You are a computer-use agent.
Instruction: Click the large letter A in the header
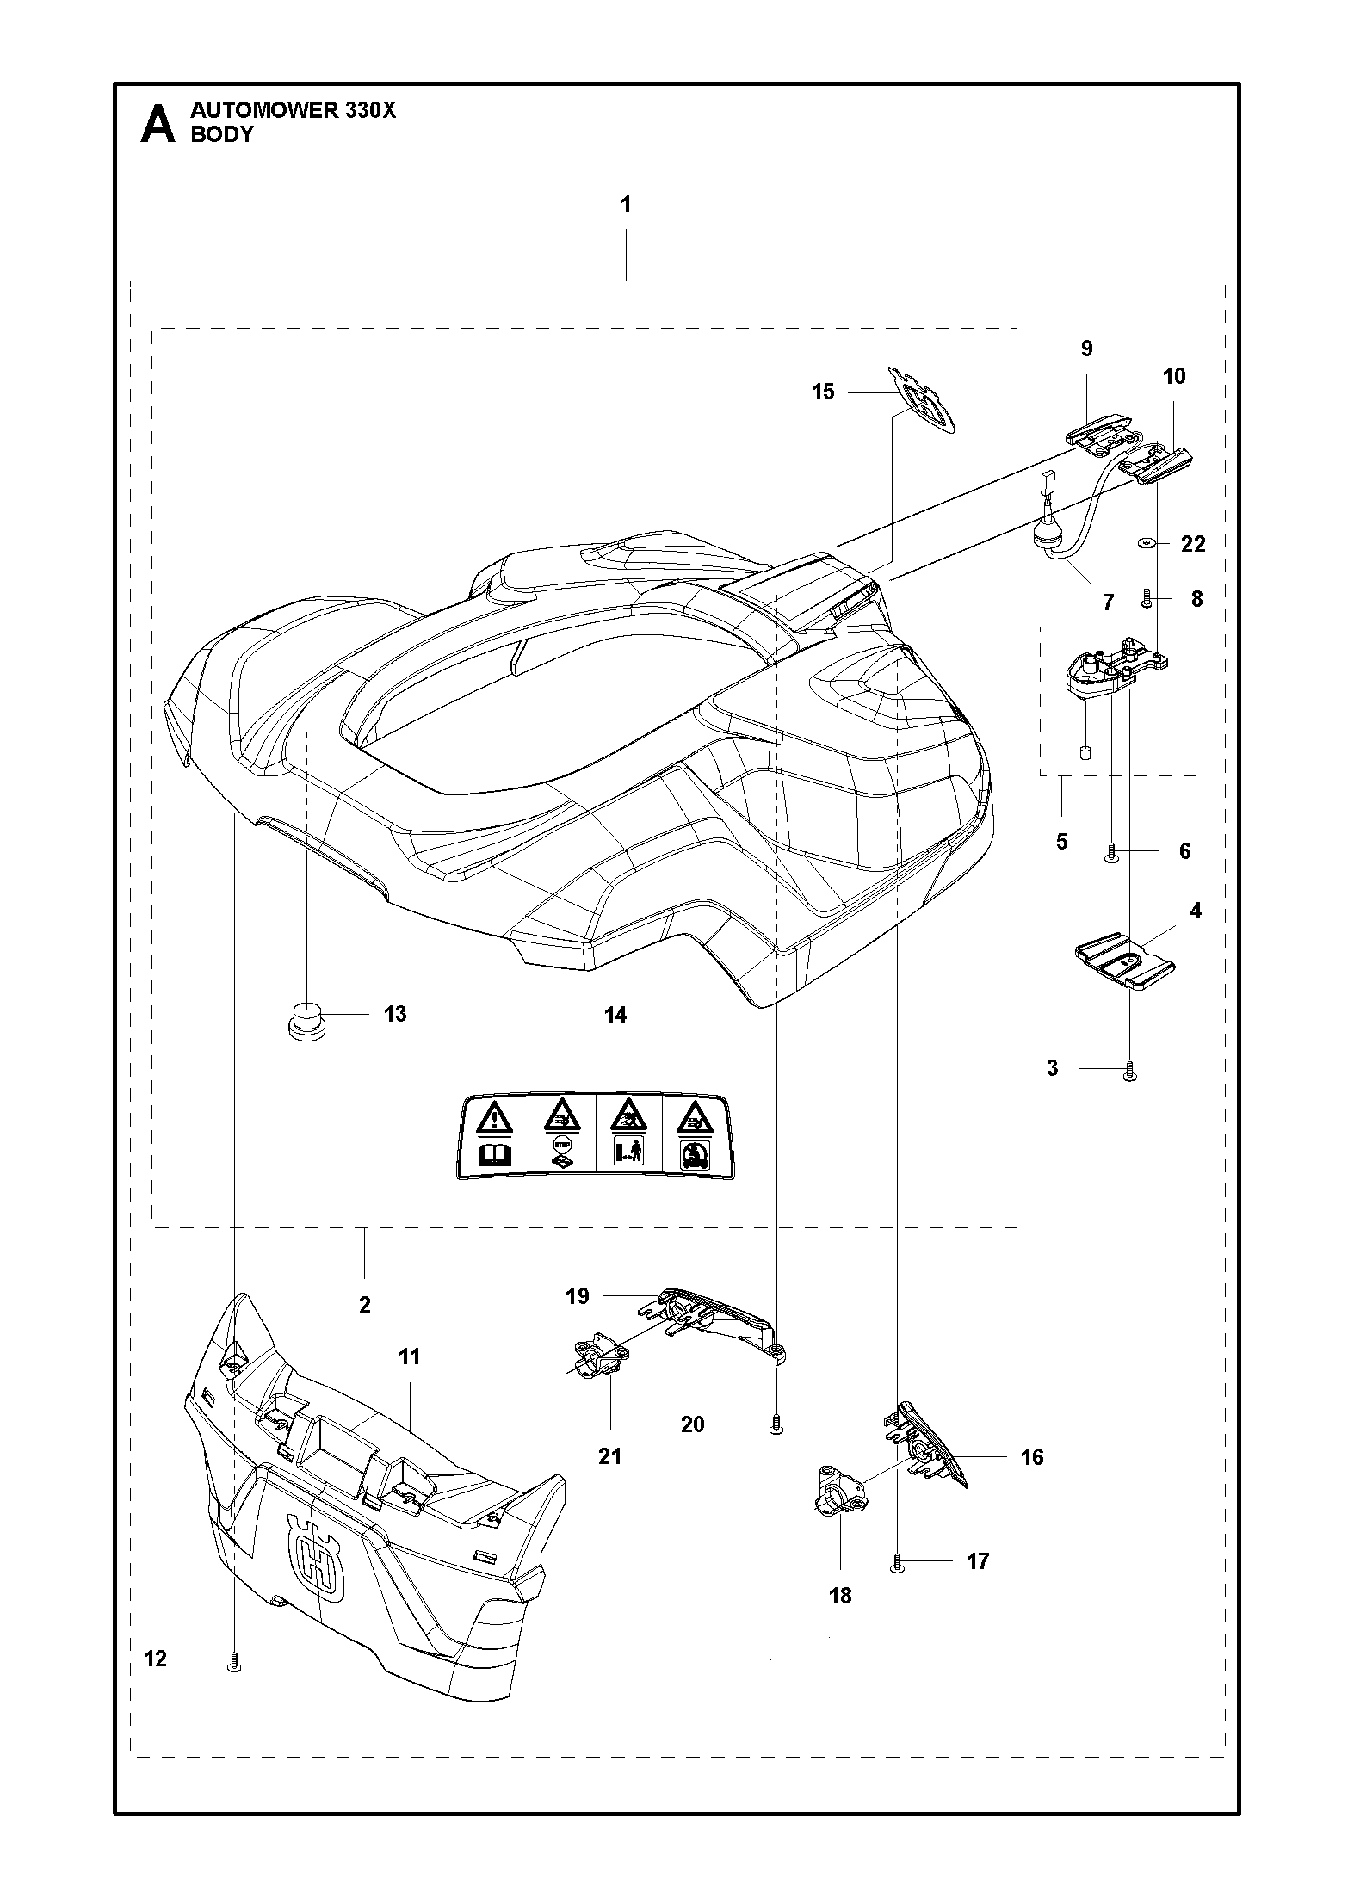(x=158, y=124)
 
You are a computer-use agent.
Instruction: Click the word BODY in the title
(x=222, y=134)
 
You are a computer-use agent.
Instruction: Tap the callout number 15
(x=823, y=392)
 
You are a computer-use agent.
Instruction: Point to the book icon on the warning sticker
(x=488, y=1155)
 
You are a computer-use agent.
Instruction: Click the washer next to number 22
(x=1146, y=543)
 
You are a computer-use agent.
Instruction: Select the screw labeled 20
(x=776, y=1424)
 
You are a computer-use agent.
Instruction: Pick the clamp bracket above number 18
(x=840, y=1494)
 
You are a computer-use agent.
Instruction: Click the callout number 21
(x=609, y=1456)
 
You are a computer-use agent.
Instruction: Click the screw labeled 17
(x=898, y=1562)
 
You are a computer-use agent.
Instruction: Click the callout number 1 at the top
(x=626, y=205)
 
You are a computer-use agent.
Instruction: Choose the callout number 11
(x=410, y=1357)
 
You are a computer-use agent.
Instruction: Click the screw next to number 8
(x=1147, y=599)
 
